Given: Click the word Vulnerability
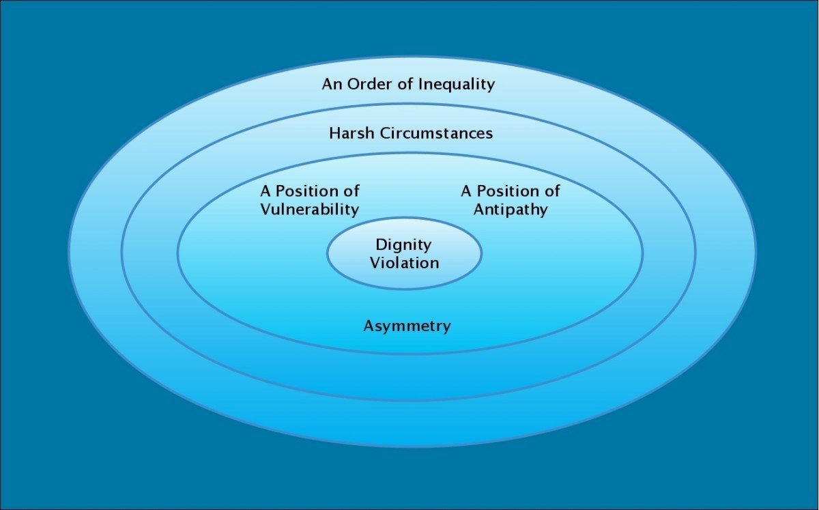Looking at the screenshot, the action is point(309,209).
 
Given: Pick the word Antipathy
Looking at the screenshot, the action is point(511,209).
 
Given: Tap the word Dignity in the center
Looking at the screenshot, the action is point(404,244).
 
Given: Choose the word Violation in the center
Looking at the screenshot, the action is point(404,262).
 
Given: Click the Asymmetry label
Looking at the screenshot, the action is point(407,326).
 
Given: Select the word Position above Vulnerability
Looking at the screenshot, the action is point(307,190).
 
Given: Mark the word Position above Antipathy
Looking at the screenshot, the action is point(508,190).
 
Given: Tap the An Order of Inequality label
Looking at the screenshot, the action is point(408,85).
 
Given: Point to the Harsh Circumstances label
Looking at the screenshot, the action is point(411,132).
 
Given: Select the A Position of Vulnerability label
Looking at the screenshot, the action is point(309,200).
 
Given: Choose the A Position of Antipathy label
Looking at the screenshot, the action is point(511,200).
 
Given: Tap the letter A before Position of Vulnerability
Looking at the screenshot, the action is point(265,190).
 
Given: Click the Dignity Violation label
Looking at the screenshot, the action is point(404,253).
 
